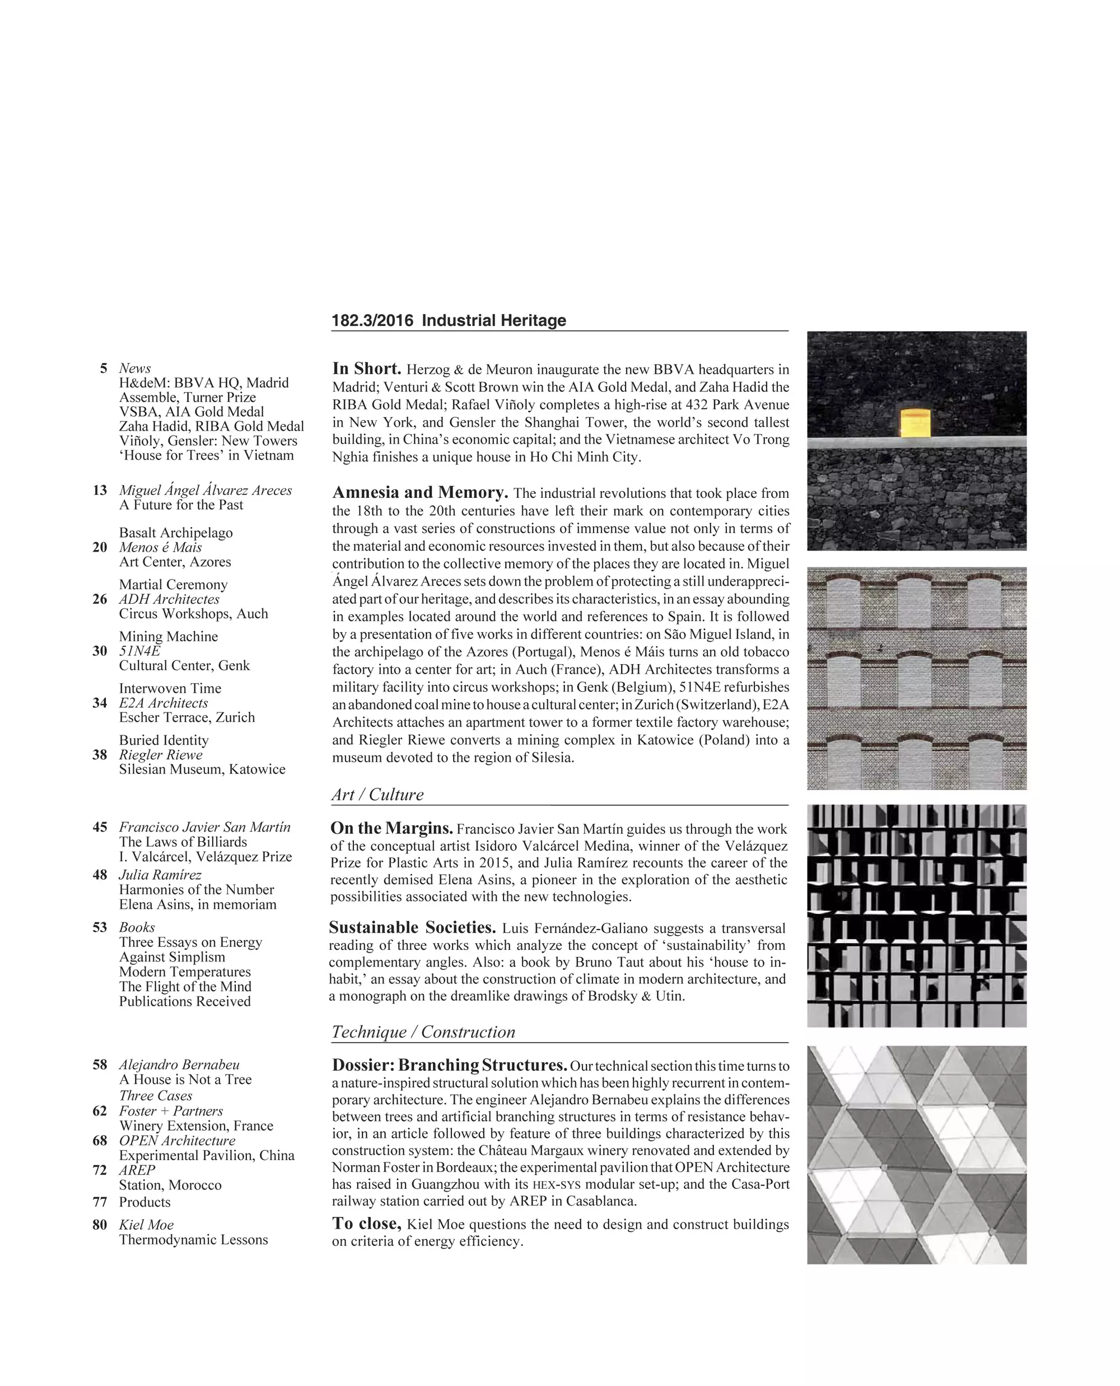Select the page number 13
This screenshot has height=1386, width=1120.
(100, 491)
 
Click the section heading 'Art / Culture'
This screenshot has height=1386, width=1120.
(377, 795)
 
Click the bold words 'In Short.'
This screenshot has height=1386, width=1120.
(366, 369)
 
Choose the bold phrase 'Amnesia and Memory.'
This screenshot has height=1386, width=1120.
(420, 493)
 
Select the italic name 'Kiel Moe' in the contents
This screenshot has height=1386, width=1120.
(146, 1225)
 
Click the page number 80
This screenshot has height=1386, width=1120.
(100, 1225)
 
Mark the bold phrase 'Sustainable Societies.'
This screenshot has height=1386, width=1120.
(412, 928)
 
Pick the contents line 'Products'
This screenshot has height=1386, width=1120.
(144, 1202)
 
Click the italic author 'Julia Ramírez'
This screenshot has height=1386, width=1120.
(160, 875)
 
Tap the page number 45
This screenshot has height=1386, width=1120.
(100, 827)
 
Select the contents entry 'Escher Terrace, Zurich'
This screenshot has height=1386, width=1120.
(186, 717)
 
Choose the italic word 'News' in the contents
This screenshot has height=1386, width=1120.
(135, 368)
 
